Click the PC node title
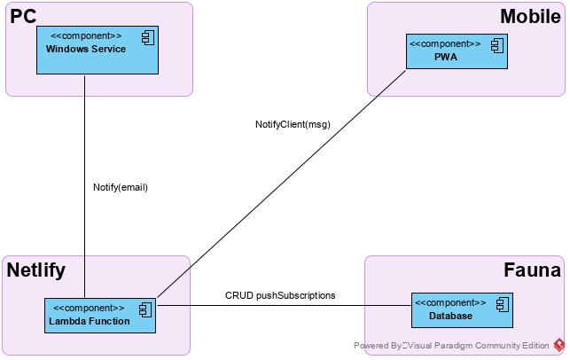click(x=24, y=16)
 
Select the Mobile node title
click(x=530, y=16)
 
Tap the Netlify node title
click(x=36, y=270)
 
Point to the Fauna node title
click(x=532, y=270)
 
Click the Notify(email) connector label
click(x=120, y=187)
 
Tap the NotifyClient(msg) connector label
click(x=293, y=124)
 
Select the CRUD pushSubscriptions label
click(x=280, y=295)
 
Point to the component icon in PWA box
click(x=496, y=44)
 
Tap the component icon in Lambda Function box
click(x=144, y=309)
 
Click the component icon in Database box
click(x=502, y=303)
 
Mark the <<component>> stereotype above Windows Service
click(x=86, y=35)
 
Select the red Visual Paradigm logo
click(x=559, y=345)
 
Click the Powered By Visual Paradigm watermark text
click(x=451, y=346)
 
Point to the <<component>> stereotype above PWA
click(x=445, y=43)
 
